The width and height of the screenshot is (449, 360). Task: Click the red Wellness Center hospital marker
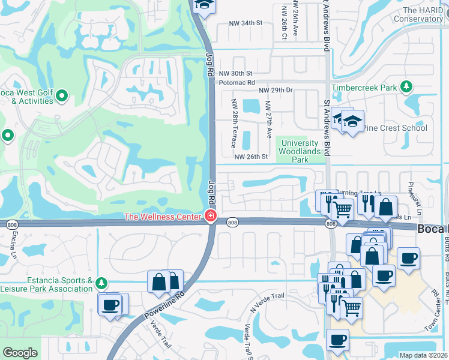pos(210,216)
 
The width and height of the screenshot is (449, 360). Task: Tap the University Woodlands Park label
pos(300,151)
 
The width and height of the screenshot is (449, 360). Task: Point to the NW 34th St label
pos(246,23)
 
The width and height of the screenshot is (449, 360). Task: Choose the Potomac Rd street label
pos(237,82)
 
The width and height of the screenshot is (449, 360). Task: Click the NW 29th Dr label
pos(275,90)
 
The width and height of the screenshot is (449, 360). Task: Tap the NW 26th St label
pos(250,157)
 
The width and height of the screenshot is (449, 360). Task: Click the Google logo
pos(20,353)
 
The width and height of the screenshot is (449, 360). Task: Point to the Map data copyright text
pos(423,355)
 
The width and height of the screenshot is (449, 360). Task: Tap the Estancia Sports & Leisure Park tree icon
pos(102,282)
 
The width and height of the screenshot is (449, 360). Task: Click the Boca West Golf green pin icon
pos(62,95)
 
